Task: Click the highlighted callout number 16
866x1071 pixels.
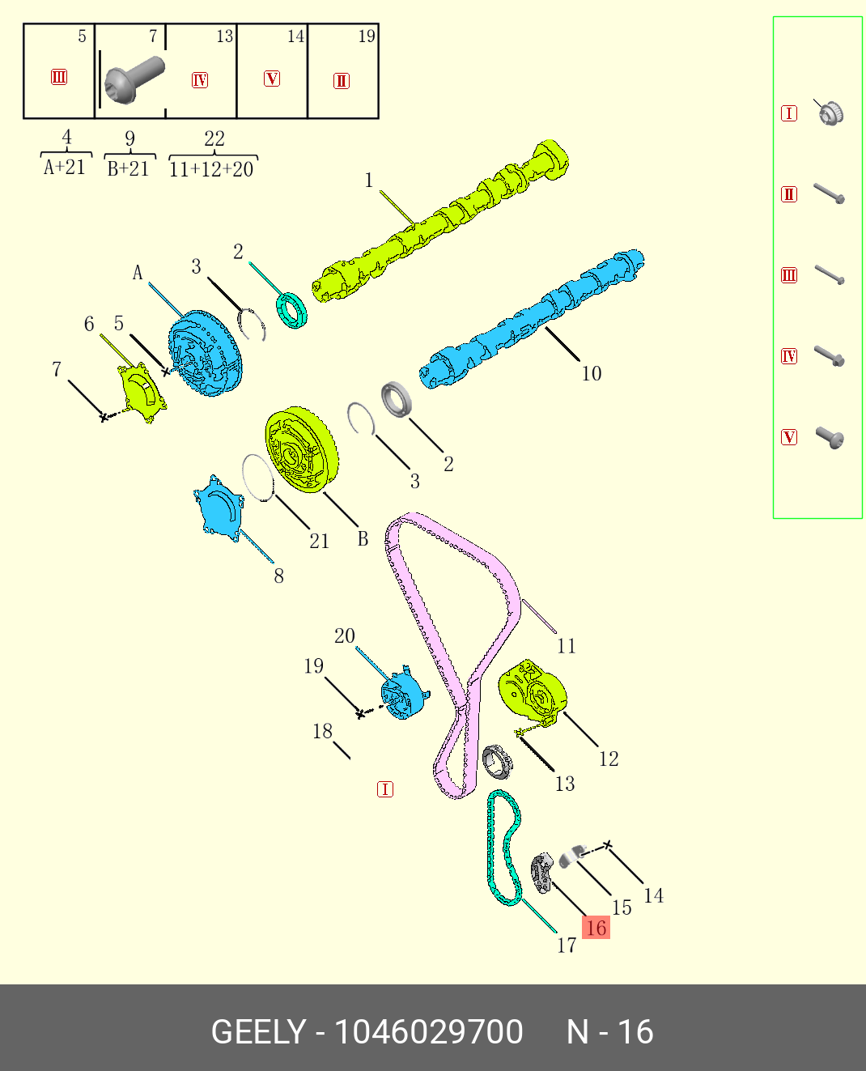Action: (596, 928)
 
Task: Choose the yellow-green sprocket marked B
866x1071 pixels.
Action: (300, 450)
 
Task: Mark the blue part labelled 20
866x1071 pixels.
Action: (402, 693)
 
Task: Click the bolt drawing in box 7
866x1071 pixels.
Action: (133, 79)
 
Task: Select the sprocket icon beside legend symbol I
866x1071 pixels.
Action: (830, 113)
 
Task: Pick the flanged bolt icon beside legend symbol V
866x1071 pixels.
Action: (830, 438)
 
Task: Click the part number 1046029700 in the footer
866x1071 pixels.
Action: (428, 1032)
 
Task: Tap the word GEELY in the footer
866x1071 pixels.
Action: (258, 1032)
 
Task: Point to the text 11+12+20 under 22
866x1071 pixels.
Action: (211, 169)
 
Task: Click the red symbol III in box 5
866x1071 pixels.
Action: (59, 77)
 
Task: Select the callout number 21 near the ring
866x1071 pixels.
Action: (320, 541)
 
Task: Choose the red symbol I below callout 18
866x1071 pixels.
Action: (385, 789)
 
